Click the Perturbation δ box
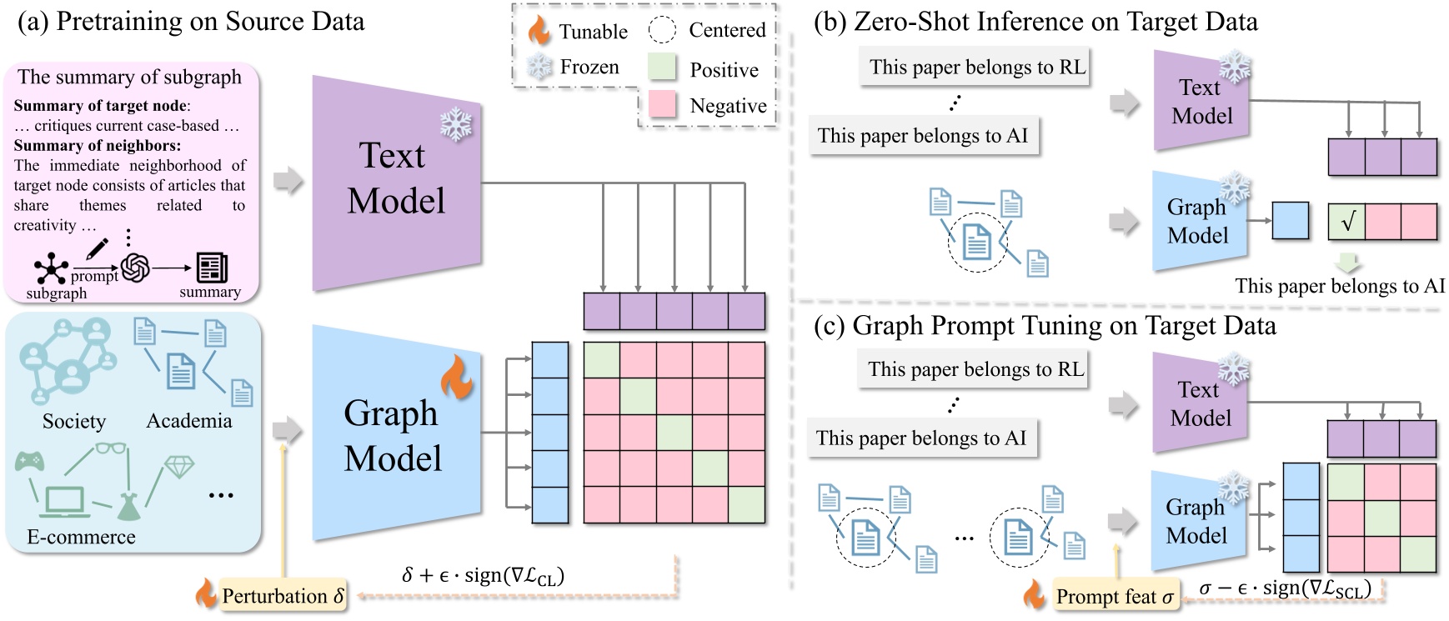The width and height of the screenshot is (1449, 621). (x=283, y=596)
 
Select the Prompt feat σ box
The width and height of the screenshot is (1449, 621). (x=1115, y=596)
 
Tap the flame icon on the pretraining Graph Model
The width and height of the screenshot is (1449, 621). (x=456, y=378)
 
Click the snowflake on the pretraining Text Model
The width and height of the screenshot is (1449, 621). (x=455, y=125)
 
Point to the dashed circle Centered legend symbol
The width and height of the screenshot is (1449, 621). (x=662, y=31)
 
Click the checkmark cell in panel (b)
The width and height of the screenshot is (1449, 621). (x=1346, y=222)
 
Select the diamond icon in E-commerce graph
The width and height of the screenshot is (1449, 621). (x=178, y=466)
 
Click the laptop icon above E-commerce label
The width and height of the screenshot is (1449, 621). (x=64, y=502)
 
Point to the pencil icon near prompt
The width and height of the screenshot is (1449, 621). (x=97, y=248)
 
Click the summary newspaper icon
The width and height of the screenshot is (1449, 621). (x=211, y=268)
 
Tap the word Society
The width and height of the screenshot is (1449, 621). (x=74, y=421)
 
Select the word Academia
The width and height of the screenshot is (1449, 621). (x=189, y=421)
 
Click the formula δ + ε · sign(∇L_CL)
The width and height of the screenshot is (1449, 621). (x=483, y=575)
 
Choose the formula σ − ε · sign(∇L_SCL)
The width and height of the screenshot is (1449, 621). (x=1285, y=588)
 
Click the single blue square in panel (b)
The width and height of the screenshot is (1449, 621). (x=1290, y=221)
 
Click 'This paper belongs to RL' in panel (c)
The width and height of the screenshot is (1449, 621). (x=975, y=369)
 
